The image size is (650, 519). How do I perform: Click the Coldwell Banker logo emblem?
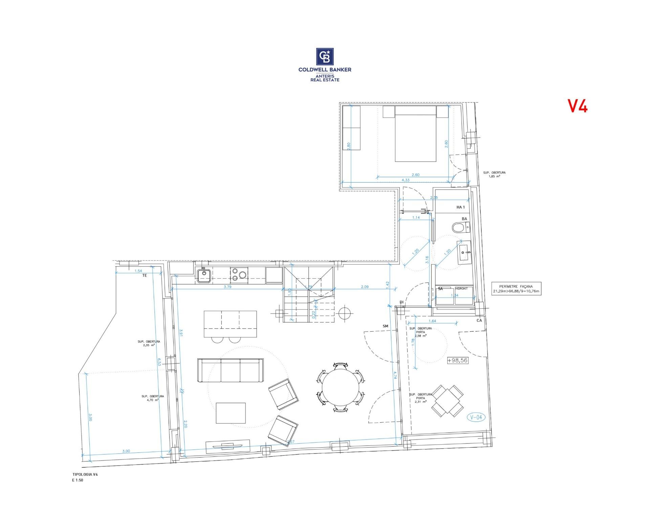325,56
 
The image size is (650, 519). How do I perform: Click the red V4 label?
578,106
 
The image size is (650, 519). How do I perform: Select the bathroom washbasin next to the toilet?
464,252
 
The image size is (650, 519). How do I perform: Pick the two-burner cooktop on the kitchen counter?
239,275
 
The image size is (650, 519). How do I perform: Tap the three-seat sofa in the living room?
231,370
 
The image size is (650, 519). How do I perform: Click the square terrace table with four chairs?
448,401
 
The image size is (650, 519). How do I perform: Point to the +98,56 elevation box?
457,360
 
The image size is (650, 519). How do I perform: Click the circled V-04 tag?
476,417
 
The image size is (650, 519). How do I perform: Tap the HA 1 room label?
460,207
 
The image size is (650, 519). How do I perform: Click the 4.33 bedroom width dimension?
405,180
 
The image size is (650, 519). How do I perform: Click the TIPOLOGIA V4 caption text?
85,474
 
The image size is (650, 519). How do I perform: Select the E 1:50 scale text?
78,480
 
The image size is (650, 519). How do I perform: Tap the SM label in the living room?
385,326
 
